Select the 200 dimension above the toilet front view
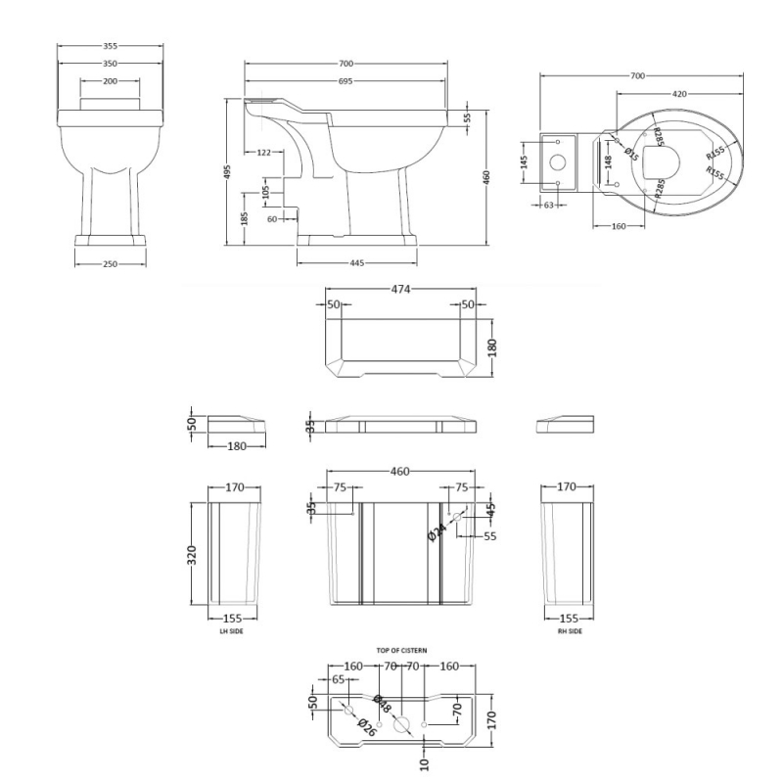point(108,81)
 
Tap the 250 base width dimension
point(110,263)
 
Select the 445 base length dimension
point(356,262)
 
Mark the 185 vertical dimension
point(245,216)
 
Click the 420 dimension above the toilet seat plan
point(677,94)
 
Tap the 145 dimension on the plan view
point(526,160)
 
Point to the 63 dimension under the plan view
point(548,206)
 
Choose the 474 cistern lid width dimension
point(400,290)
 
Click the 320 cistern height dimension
point(193,555)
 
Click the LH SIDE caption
point(231,632)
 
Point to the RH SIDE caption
point(569,632)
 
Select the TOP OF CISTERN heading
point(401,650)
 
